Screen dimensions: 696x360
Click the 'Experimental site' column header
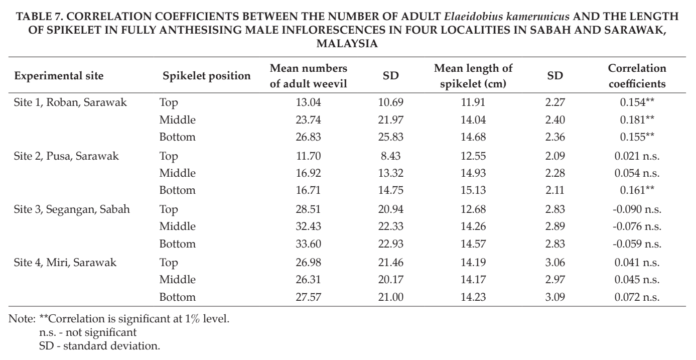click(59, 76)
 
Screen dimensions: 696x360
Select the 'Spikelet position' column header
click(207, 76)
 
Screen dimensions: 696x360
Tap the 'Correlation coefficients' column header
click(637, 76)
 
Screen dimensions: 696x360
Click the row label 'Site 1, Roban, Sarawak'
click(70, 102)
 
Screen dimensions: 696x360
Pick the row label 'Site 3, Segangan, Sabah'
click(72, 209)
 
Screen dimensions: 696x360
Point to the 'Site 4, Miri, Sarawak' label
click(65, 263)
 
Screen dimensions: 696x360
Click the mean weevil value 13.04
click(308, 102)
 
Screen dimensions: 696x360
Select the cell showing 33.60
click(308, 244)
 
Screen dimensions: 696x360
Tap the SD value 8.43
click(390, 156)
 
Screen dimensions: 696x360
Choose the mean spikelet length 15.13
click(473, 190)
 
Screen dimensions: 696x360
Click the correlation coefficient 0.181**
click(637, 119)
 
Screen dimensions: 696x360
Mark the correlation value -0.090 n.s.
click(637, 209)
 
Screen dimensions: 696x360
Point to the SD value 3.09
click(555, 297)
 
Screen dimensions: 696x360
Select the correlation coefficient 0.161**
click(637, 190)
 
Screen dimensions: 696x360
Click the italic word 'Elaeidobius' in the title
click(474, 16)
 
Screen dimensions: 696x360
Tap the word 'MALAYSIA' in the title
click(347, 44)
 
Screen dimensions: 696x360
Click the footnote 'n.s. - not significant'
click(88, 332)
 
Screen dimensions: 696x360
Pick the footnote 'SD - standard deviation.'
click(99, 346)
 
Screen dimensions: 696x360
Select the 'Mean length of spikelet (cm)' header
click(473, 76)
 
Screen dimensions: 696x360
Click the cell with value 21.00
click(390, 297)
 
